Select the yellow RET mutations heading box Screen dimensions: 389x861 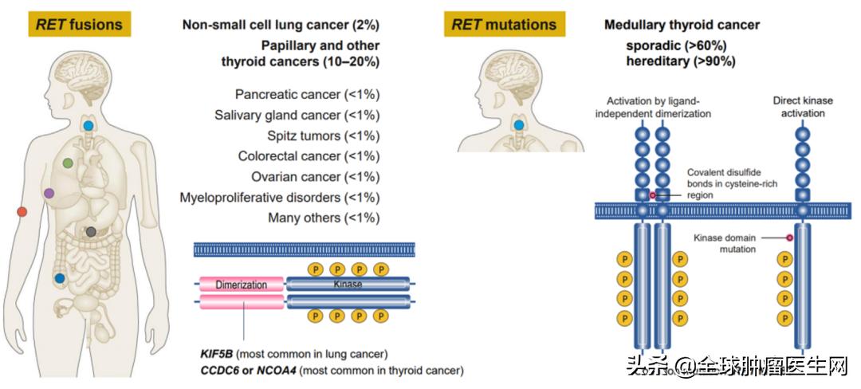[x=503, y=25]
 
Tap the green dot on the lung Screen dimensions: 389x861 [x=68, y=163]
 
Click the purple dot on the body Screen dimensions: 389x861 [x=49, y=193]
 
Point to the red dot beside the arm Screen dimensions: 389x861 [x=22, y=211]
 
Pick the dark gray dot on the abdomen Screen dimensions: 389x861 [x=91, y=231]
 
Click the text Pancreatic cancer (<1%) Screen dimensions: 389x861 [x=307, y=95]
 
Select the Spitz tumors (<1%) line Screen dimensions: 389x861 [x=324, y=136]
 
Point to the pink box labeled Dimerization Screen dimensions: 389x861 [x=242, y=285]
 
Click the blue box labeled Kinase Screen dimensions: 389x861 [x=348, y=285]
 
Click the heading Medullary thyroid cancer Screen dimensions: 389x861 [x=682, y=26]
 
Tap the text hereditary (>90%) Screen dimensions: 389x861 [x=680, y=61]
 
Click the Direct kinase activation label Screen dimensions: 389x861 [x=803, y=107]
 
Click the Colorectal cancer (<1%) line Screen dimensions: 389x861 [x=309, y=156]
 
